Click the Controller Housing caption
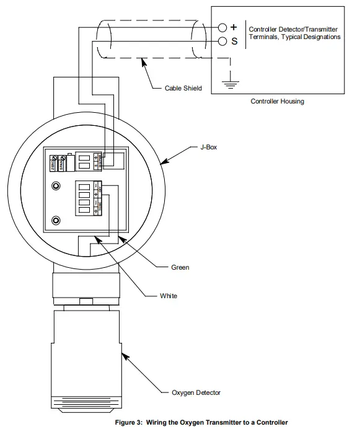277,101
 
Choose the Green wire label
180,268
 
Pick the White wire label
169,296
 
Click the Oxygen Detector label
196,392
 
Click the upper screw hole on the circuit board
56,186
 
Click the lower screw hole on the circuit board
56,220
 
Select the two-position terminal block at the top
87,161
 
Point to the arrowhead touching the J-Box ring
163,162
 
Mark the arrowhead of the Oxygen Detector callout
123,355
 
